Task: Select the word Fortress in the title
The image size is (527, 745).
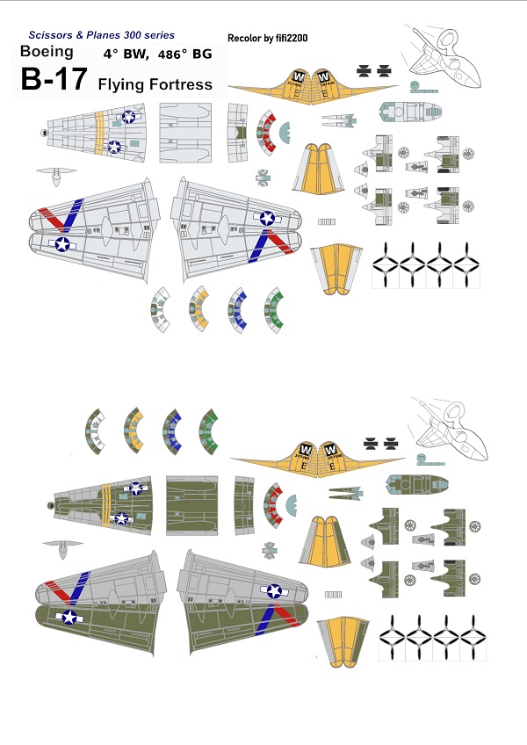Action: pos(180,84)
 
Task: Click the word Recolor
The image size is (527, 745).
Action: pos(244,39)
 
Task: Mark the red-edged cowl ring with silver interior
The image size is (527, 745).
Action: pos(266,132)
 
